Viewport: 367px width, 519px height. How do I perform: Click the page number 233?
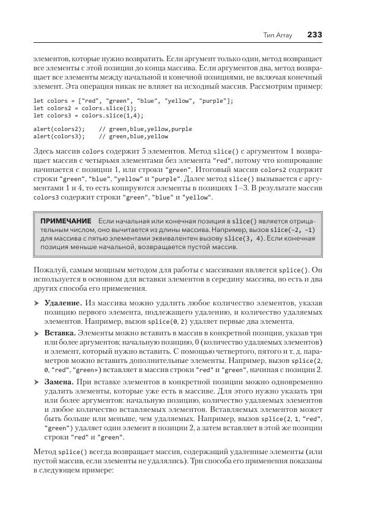314,35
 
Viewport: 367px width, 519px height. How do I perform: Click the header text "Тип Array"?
278,35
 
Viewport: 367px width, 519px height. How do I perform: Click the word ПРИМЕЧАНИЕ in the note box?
65,220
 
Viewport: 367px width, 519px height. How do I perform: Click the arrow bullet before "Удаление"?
35,303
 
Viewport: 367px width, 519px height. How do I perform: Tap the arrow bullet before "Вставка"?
35,332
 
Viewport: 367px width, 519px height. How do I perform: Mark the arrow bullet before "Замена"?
35,381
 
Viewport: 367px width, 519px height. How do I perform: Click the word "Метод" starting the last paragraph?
45,450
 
